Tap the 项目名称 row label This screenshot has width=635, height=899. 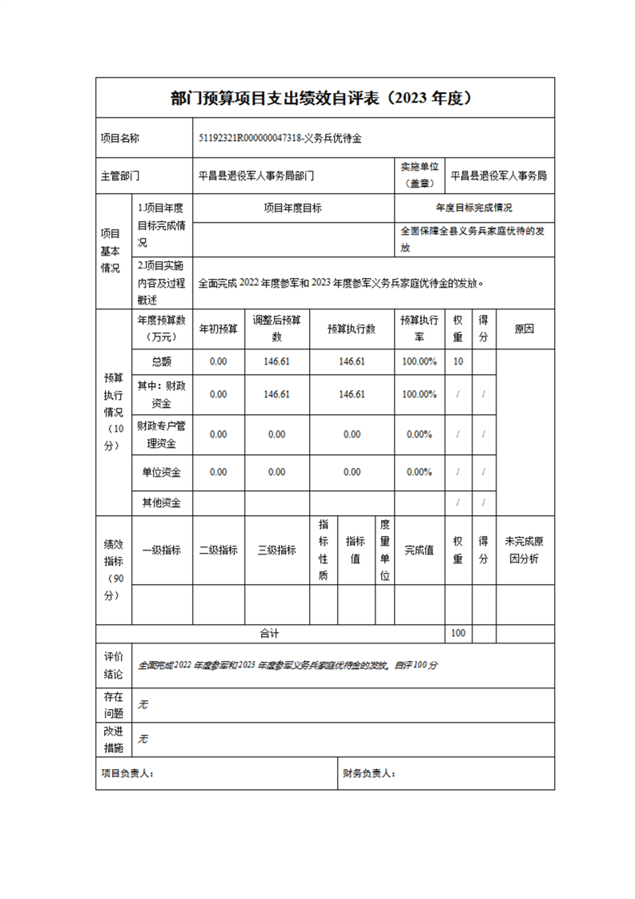(120, 139)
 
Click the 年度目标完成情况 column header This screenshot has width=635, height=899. (474, 208)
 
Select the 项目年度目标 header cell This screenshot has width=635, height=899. (293, 208)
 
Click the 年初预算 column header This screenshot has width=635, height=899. (218, 329)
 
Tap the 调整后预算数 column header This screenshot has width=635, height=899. (276, 329)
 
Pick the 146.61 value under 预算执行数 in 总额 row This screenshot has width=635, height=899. (352, 361)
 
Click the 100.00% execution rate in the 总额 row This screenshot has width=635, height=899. (420, 361)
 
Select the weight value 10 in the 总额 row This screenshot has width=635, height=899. (458, 361)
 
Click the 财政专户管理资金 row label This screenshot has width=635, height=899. (161, 433)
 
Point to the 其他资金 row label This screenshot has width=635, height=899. (161, 503)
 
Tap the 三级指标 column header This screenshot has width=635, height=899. (276, 550)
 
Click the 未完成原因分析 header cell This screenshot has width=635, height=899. (525, 550)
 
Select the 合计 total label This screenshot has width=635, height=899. (269, 633)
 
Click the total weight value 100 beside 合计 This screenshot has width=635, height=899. (458, 633)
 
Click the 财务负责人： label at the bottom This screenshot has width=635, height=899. (369, 773)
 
